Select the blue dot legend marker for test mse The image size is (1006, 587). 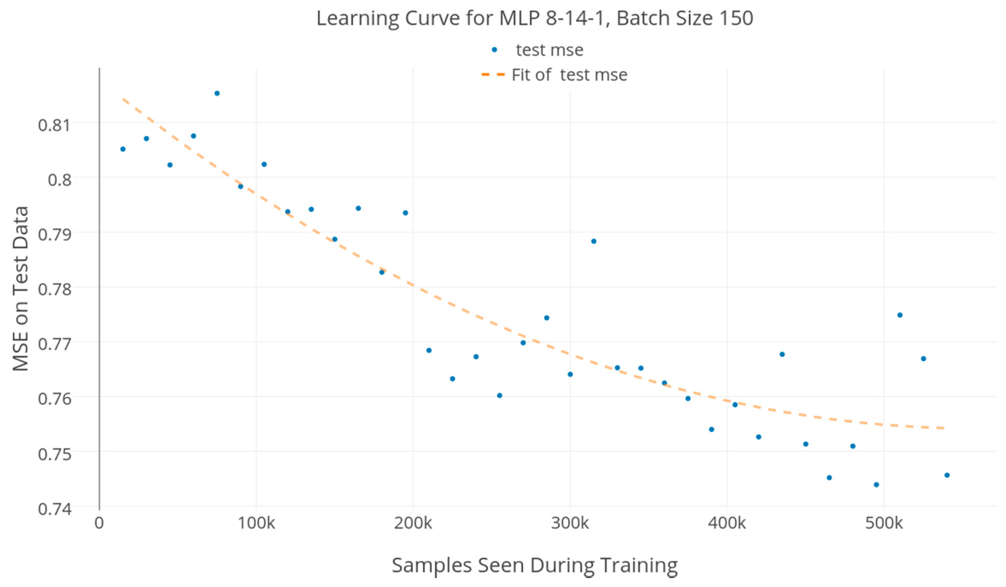coord(494,50)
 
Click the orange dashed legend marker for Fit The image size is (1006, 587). coord(493,75)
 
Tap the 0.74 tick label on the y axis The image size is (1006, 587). coord(55,509)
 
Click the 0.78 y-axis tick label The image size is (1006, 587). coord(55,289)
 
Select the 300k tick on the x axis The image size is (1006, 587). coord(570,523)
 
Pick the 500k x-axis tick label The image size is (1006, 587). coord(884,523)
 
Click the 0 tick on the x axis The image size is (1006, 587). coord(99,523)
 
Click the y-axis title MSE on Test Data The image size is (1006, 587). coord(21,288)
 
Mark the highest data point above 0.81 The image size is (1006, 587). coord(217,93)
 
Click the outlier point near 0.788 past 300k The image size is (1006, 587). coord(594,241)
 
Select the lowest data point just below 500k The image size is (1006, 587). coord(876,485)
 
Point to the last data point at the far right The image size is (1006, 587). coord(947,475)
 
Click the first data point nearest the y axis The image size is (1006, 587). coord(123,149)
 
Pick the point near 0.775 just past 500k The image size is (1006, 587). coord(900,315)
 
